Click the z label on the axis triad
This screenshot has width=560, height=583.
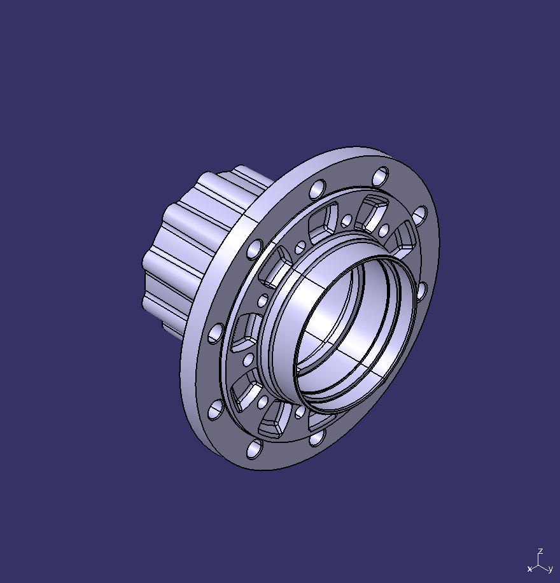(540, 551)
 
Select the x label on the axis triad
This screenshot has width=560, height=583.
(529, 568)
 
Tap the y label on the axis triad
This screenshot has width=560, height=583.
(550, 568)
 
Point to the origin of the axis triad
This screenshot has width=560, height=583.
(539, 563)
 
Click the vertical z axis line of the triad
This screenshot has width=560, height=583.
(539, 558)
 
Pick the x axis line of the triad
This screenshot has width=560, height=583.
(535, 566)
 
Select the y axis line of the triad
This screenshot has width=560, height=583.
(543, 566)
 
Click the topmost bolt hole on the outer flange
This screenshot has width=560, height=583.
(381, 175)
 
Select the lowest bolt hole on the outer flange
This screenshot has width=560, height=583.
(254, 449)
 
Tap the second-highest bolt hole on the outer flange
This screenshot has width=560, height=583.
(316, 188)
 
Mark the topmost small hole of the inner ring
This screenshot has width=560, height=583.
(347, 221)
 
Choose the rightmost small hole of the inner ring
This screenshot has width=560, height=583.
(384, 229)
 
